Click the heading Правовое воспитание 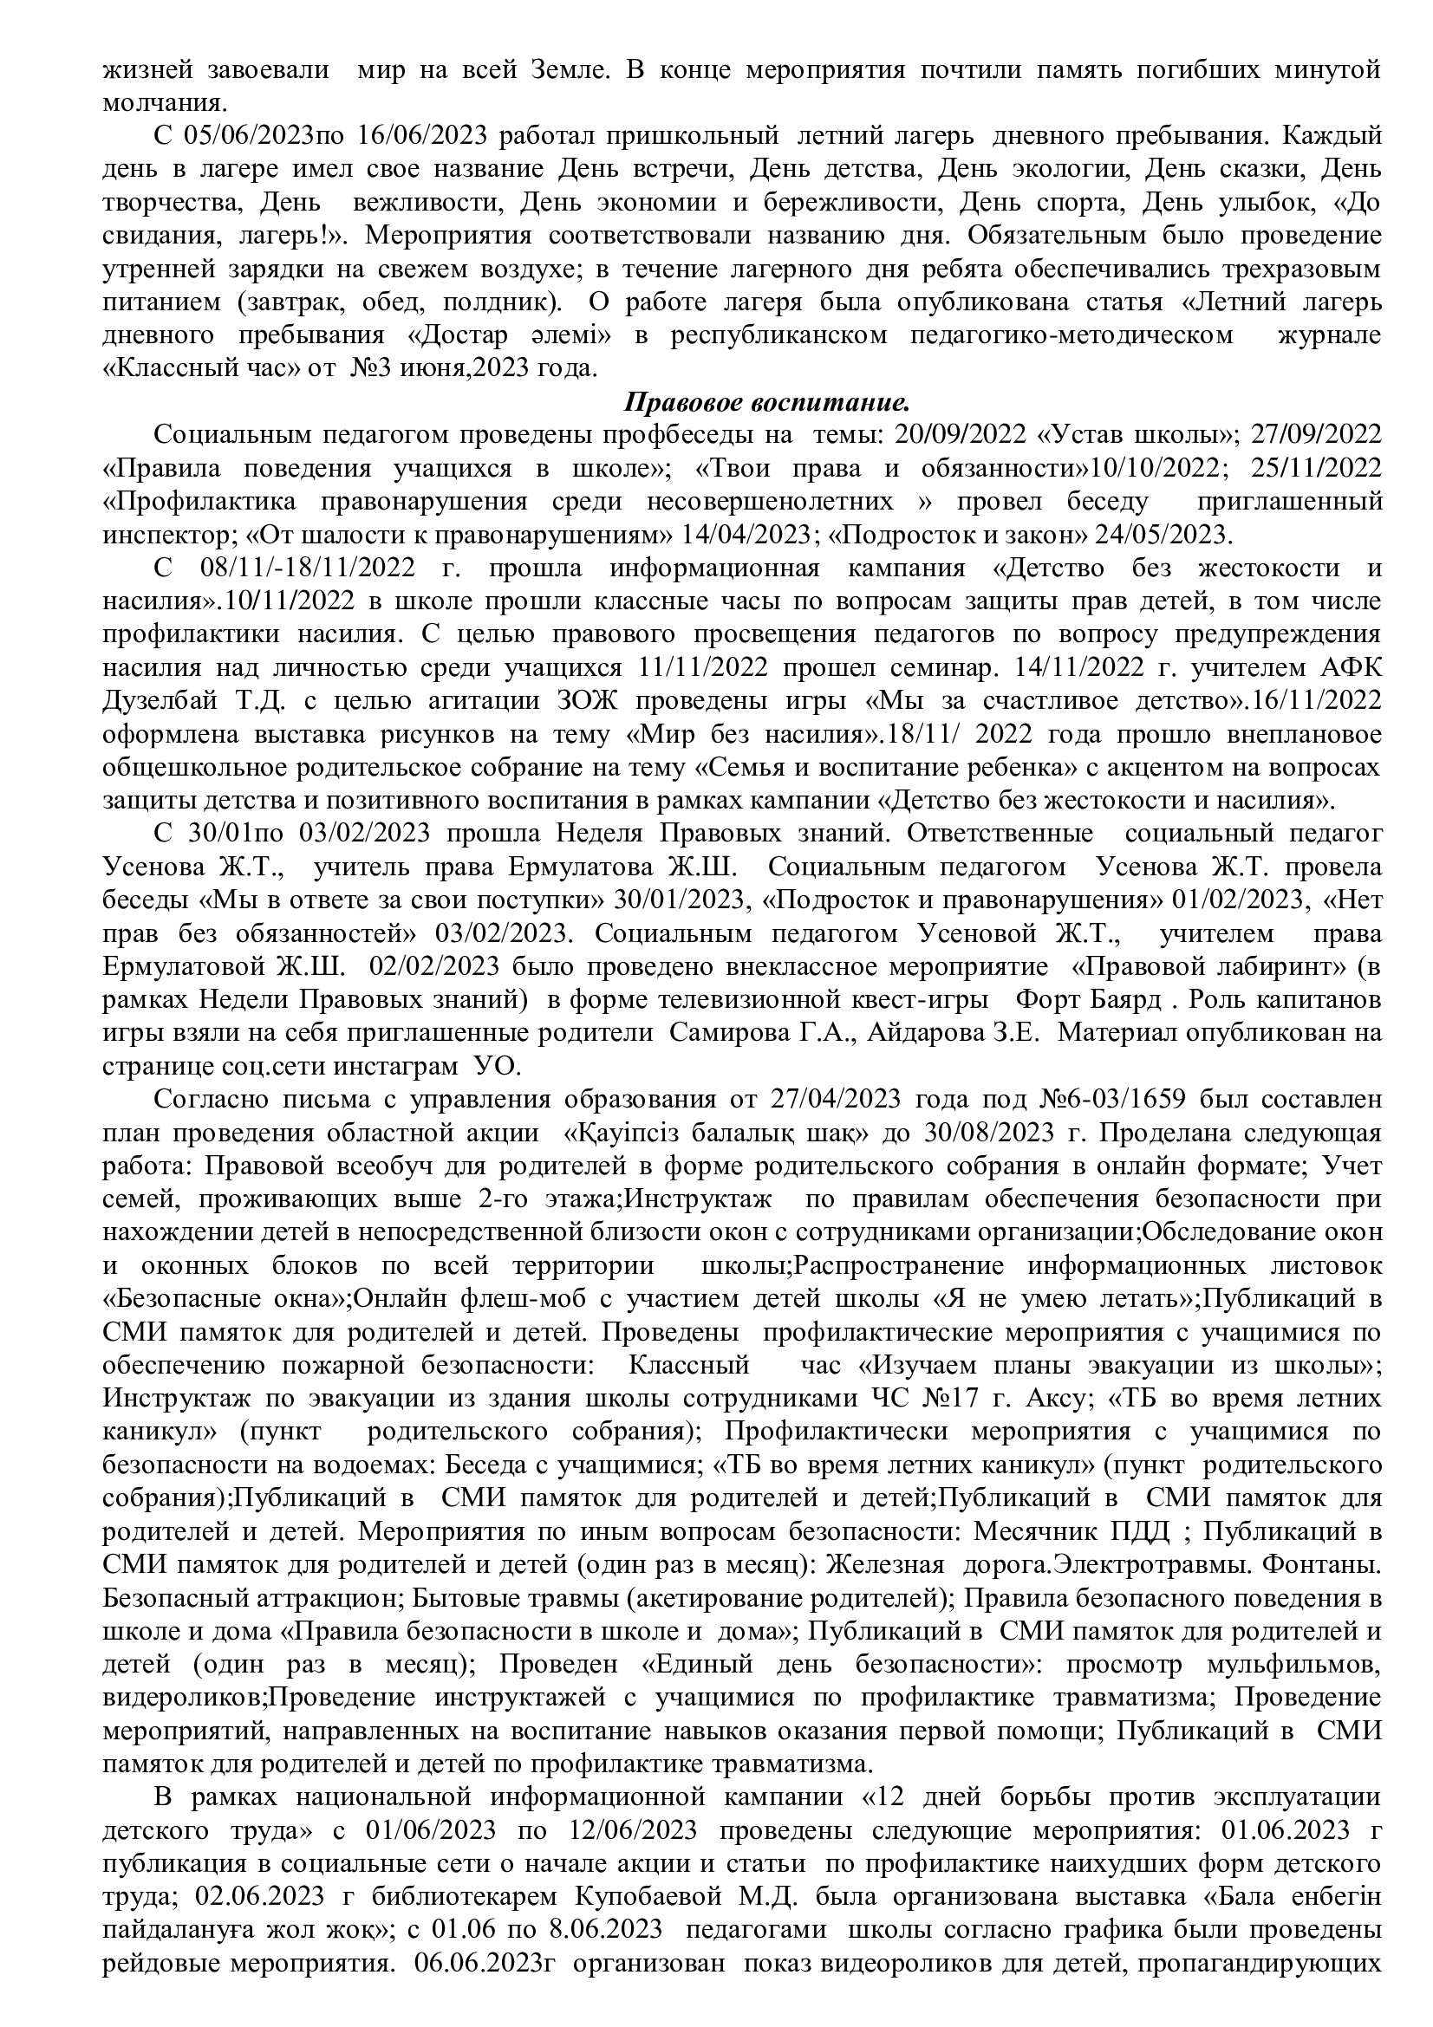pyautogui.click(x=766, y=403)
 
